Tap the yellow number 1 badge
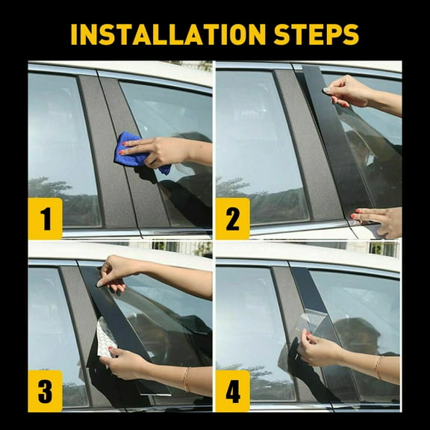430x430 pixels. click(46, 219)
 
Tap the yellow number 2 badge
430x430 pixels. click(232, 219)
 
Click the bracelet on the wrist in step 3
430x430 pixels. click(186, 379)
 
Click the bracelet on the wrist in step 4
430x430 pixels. click(378, 367)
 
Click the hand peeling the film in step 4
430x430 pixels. click(321, 349)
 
